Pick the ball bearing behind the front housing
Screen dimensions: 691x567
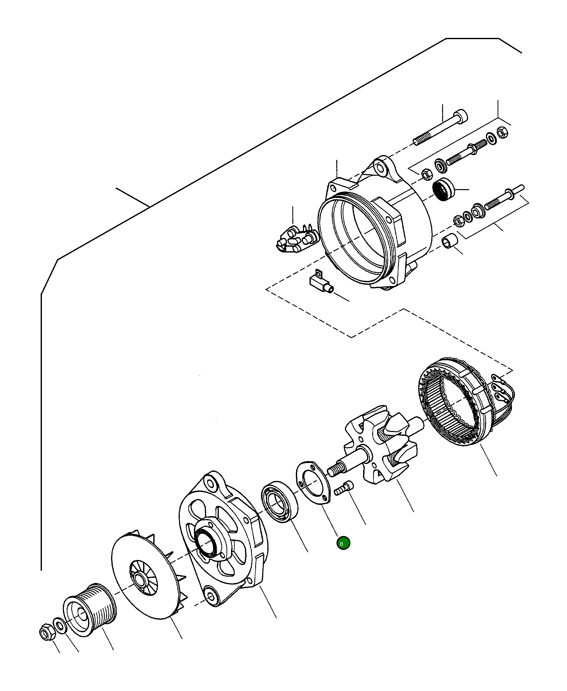coord(279,502)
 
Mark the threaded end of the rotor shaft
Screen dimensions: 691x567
coord(334,471)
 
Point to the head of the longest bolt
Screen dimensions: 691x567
coord(461,116)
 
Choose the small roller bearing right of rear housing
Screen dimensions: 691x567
coord(443,189)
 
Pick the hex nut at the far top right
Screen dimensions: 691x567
coord(502,132)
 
